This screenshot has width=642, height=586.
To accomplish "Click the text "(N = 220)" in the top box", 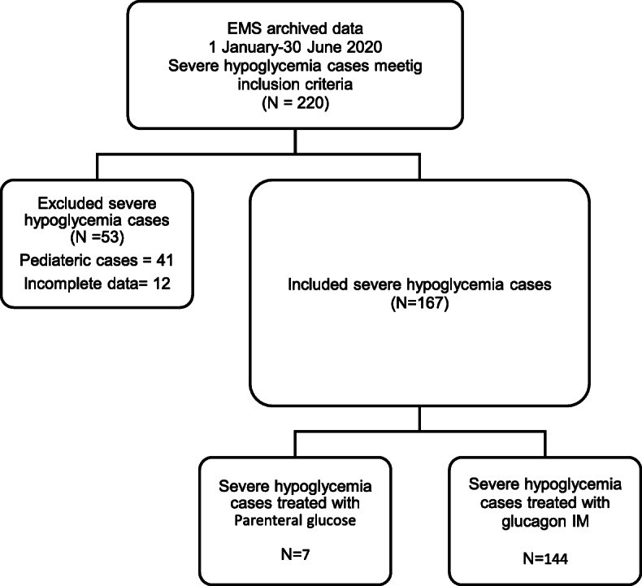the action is [x=295, y=102].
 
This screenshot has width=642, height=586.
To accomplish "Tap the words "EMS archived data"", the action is [x=295, y=29].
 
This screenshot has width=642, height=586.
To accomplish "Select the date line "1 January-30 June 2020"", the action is [x=295, y=47].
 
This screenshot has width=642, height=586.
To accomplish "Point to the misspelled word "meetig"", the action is [x=399, y=67].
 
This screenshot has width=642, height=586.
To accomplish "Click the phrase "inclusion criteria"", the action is [x=295, y=85].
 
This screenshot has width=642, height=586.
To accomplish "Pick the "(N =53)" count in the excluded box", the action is [x=97, y=237].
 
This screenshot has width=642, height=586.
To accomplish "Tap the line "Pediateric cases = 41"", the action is [x=97, y=260].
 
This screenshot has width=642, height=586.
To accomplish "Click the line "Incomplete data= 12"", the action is [x=97, y=284].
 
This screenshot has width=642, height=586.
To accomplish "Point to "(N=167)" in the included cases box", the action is [x=419, y=303].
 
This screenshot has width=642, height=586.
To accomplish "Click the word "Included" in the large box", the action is [x=318, y=284].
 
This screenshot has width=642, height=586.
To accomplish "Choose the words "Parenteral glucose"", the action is [x=295, y=520].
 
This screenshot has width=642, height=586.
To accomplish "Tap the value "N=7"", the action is [x=295, y=554].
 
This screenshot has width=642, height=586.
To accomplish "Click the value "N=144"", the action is [x=545, y=558].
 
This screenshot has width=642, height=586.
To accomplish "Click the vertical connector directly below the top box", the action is [x=295, y=141].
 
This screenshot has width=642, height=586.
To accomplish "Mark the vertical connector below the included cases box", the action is [x=419, y=419].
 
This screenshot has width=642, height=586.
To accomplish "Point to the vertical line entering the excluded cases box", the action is [x=97, y=167].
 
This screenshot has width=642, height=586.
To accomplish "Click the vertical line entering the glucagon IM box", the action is [x=545, y=444].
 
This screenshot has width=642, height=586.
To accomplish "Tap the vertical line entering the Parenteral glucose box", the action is [x=295, y=444].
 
